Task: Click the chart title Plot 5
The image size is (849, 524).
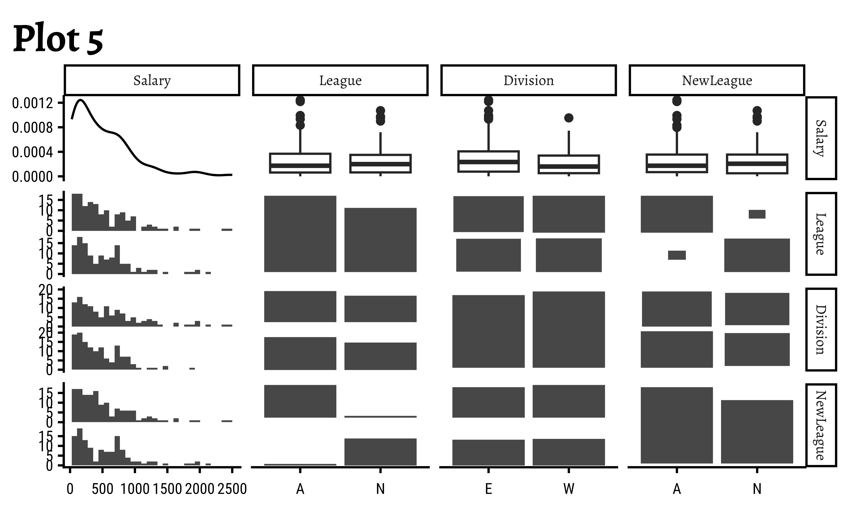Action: tap(58, 39)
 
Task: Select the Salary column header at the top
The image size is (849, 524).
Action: tap(152, 80)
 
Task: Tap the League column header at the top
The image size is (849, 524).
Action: tap(340, 80)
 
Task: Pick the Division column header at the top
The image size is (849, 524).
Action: tap(528, 80)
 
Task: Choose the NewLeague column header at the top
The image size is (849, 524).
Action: tap(717, 80)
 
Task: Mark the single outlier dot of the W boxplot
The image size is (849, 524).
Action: tap(569, 118)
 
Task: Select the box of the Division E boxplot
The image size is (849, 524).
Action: tap(488, 162)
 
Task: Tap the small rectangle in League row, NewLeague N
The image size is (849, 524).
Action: tap(757, 214)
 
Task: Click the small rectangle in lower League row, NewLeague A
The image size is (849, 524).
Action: tap(677, 255)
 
